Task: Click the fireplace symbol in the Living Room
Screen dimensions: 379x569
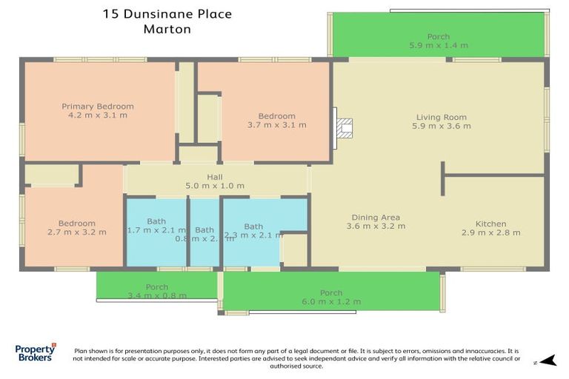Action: coord(344,128)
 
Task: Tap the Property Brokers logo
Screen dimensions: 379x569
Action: coord(35,353)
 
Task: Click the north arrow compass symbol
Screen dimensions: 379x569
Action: coord(547,361)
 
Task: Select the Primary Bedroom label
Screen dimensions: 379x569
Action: coord(98,107)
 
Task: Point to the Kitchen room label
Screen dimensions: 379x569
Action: coord(490,224)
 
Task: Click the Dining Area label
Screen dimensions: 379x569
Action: coord(376,218)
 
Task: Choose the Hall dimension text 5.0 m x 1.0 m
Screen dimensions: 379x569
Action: coord(215,186)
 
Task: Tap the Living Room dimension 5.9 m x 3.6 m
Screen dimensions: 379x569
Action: coord(442,126)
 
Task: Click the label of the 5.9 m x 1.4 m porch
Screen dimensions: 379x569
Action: coord(438,37)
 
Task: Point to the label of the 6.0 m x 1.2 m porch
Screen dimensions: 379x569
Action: coord(331,293)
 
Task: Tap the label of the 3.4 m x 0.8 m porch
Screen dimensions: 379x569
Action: coord(157,287)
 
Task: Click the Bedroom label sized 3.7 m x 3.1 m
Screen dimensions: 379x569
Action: coord(276,116)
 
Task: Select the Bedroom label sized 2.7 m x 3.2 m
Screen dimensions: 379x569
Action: coord(77,224)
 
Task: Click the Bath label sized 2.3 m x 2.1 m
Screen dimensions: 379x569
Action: coord(253,227)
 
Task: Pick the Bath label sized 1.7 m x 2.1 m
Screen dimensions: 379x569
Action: coord(156,221)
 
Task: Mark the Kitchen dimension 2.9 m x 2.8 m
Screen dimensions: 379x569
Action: coord(490,232)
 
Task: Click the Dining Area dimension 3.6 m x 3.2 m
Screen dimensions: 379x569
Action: coord(376,227)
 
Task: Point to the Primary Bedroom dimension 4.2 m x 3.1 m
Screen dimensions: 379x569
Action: coord(98,115)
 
